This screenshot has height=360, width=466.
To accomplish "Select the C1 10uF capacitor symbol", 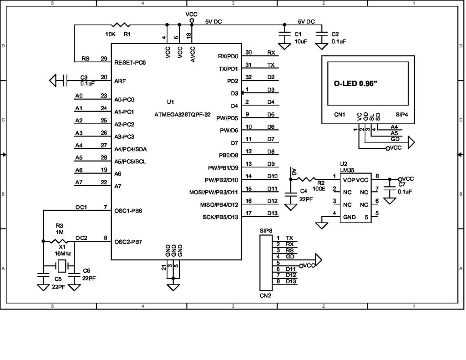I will tap(285, 34).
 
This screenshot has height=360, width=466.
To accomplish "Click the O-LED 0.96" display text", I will tap(355, 84).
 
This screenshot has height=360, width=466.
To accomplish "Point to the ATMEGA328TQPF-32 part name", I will tap(182, 115).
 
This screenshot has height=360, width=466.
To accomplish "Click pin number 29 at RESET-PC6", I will tap(104, 59).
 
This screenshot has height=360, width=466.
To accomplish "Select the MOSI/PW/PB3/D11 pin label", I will tap(214, 192).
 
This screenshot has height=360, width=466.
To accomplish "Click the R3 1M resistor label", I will tap(59, 228).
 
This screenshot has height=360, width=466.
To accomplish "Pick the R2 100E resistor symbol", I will tap(309, 179).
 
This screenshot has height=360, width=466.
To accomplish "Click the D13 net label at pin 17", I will tap(271, 213).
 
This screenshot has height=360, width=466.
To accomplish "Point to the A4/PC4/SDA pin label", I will tap(130, 149).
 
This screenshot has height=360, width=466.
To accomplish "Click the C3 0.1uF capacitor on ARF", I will tap(66, 81).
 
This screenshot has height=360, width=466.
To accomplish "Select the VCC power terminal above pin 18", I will tap(191, 21).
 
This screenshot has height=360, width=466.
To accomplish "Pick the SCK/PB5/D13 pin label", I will tap(221, 217).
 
